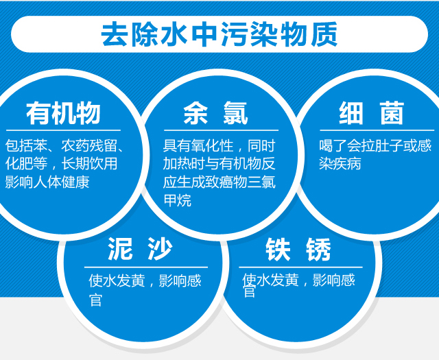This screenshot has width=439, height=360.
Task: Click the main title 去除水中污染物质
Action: click(x=219, y=34)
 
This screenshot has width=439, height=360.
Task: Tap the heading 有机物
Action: click(x=63, y=113)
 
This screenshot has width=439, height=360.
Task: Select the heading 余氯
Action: click(x=215, y=113)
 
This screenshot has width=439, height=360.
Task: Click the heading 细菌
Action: click(x=372, y=113)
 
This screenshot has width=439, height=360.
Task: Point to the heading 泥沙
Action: click(x=140, y=249)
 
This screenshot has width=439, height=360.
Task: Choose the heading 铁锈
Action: click(x=298, y=250)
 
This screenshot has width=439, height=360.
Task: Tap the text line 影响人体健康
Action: click(x=47, y=182)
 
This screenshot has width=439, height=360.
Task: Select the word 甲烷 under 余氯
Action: click(x=178, y=200)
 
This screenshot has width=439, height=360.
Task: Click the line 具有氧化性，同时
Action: click(x=219, y=145)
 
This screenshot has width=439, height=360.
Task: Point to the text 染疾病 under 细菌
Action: click(x=340, y=163)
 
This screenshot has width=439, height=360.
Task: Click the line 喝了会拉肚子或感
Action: click(x=375, y=145)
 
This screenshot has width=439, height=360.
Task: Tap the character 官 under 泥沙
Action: click(x=95, y=300)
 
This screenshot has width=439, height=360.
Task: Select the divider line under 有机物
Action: click(x=63, y=130)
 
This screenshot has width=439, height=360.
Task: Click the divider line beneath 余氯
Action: click(x=221, y=130)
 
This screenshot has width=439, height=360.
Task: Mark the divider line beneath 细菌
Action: click(x=377, y=130)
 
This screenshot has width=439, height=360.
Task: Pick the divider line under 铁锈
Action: click(x=300, y=267)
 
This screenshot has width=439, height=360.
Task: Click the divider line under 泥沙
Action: click(x=146, y=267)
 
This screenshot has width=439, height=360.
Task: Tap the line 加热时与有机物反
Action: click(x=219, y=163)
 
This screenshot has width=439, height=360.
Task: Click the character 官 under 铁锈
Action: click(x=249, y=291)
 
